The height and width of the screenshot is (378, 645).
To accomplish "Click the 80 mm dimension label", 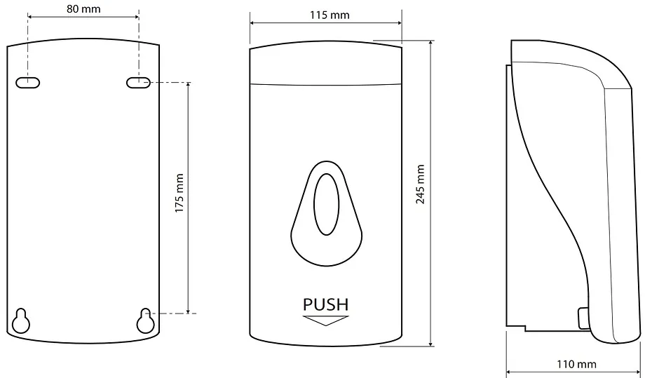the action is (x=83, y=9).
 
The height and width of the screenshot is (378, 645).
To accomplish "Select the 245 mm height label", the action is (x=420, y=184).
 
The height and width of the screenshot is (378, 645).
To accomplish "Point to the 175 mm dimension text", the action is (x=179, y=193).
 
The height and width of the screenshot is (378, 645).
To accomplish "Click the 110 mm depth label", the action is (x=576, y=364).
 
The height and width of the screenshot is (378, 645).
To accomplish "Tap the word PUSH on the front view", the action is (x=326, y=304).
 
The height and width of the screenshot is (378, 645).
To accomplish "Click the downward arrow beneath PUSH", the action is (x=326, y=320).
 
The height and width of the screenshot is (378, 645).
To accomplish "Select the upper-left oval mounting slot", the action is (x=27, y=82).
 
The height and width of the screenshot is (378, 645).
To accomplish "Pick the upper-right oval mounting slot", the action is (x=138, y=82).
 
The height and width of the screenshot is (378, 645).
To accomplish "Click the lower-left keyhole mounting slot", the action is (x=21, y=320).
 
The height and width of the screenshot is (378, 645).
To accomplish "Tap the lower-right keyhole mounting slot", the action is (x=146, y=320).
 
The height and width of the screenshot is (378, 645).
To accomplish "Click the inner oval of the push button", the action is (x=327, y=204).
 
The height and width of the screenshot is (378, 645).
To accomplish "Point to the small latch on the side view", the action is (x=584, y=318).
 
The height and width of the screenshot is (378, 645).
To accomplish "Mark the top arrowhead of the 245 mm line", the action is (x=430, y=43).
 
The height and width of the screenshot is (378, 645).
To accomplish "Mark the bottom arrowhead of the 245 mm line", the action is (x=430, y=343).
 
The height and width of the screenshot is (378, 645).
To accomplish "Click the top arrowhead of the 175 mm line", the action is (x=188, y=85).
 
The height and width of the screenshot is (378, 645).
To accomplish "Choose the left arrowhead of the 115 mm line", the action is (x=253, y=23).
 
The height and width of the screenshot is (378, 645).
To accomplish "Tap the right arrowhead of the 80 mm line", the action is (x=136, y=17).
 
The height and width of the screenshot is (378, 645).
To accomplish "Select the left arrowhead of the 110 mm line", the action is (x=509, y=372).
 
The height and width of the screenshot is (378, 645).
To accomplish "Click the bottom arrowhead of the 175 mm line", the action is (x=188, y=311).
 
